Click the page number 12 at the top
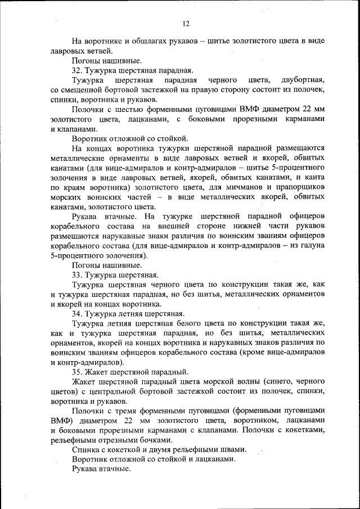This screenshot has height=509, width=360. pos(186,23)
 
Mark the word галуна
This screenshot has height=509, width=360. pos(310,245)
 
